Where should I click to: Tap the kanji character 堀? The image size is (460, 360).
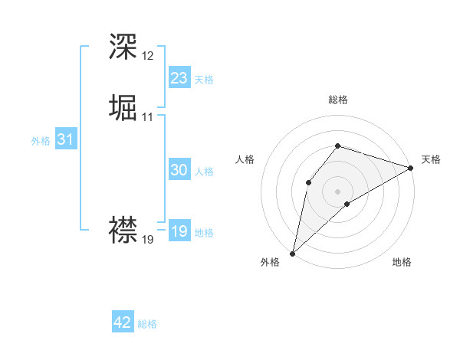click(123, 109)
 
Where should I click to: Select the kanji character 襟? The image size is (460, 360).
click(123, 229)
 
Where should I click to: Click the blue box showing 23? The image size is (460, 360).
click(179, 78)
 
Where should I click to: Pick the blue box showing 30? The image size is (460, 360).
click(179, 170)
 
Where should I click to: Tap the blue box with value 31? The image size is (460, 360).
click(65, 140)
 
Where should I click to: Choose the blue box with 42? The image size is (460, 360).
click(123, 322)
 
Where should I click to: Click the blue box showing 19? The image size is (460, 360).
click(179, 231)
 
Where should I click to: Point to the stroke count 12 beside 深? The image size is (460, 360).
click(147, 56)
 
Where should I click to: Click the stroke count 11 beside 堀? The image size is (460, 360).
click(147, 117)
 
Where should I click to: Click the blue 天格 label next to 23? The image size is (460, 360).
click(204, 80)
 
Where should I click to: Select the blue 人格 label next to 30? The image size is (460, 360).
click(204, 172)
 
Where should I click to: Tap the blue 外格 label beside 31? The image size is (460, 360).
click(41, 141)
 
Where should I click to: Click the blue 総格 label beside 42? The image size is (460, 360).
click(147, 324)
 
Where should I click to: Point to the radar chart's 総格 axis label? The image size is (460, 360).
click(338, 100)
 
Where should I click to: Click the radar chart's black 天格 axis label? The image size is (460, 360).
click(431, 159)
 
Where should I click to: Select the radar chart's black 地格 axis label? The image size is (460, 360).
click(402, 262)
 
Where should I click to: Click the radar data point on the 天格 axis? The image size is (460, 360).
click(411, 168)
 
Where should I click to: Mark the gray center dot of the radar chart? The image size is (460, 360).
click(337, 191)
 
